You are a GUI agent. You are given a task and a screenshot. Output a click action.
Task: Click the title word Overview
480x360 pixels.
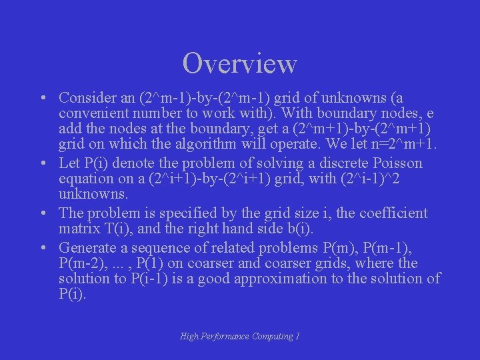click(x=240, y=63)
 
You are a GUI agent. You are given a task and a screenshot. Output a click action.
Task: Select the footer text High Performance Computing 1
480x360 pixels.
click(x=240, y=337)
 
